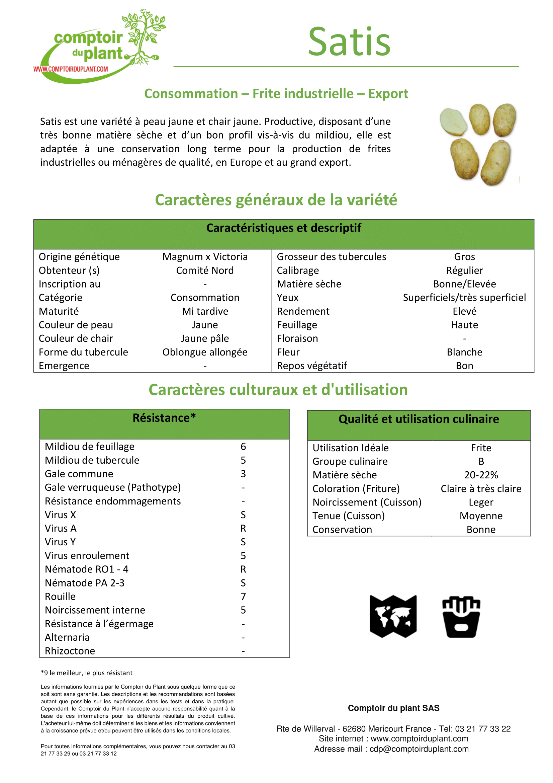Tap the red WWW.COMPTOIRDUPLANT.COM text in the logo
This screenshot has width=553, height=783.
71,69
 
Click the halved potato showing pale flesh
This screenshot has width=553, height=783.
453,122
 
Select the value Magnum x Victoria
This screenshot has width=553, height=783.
205,256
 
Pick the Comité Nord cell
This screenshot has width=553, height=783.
205,270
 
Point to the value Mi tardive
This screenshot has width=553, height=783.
205,311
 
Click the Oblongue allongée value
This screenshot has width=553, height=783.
205,352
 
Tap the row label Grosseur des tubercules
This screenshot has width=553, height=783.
331,256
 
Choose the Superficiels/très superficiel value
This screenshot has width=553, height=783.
464,297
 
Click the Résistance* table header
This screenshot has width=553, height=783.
164,418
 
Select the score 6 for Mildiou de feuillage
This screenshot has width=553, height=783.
243,447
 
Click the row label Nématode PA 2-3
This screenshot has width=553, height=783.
85,583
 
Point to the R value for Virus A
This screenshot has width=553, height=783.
243,528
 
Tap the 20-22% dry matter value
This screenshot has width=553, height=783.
481,475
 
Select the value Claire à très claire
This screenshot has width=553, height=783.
481,488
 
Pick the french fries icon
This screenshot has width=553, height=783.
461,617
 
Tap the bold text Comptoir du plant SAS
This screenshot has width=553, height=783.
393,708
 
